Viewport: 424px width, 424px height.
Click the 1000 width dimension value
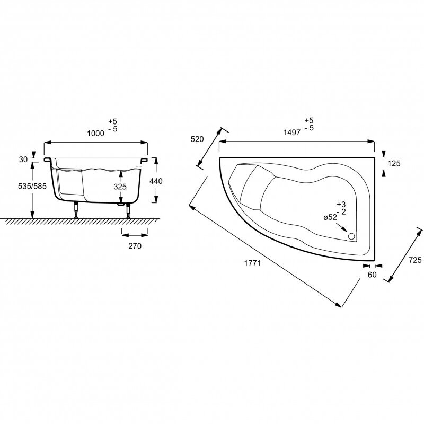coord(95,134)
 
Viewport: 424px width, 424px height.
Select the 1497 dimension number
coord(292,134)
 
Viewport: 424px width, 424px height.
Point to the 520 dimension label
coord(197,139)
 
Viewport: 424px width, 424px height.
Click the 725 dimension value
coord(416,260)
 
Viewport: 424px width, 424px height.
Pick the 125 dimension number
coord(394,164)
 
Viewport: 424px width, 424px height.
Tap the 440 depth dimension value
coord(156,181)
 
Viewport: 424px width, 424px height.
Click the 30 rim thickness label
coord(22,158)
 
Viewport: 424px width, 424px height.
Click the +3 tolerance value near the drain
coord(341,204)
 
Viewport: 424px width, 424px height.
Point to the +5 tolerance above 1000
coord(111,121)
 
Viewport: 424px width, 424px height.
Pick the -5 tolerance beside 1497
coord(309,128)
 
